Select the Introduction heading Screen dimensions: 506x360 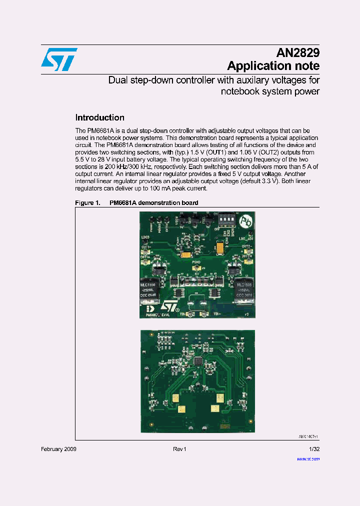[x=99, y=118]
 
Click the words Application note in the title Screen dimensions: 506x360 [x=273, y=66]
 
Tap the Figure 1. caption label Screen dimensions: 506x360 [x=87, y=203]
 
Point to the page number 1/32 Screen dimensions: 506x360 [x=314, y=449]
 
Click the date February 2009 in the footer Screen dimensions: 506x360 [x=58, y=449]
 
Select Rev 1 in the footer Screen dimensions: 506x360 [x=179, y=449]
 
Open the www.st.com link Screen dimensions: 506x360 [x=309, y=458]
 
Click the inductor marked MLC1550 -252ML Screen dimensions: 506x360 [x=149, y=289]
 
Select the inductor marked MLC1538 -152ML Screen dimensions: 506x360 [x=245, y=289]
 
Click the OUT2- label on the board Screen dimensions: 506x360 [x=245, y=246]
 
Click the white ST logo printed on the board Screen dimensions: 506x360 [x=170, y=306]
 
